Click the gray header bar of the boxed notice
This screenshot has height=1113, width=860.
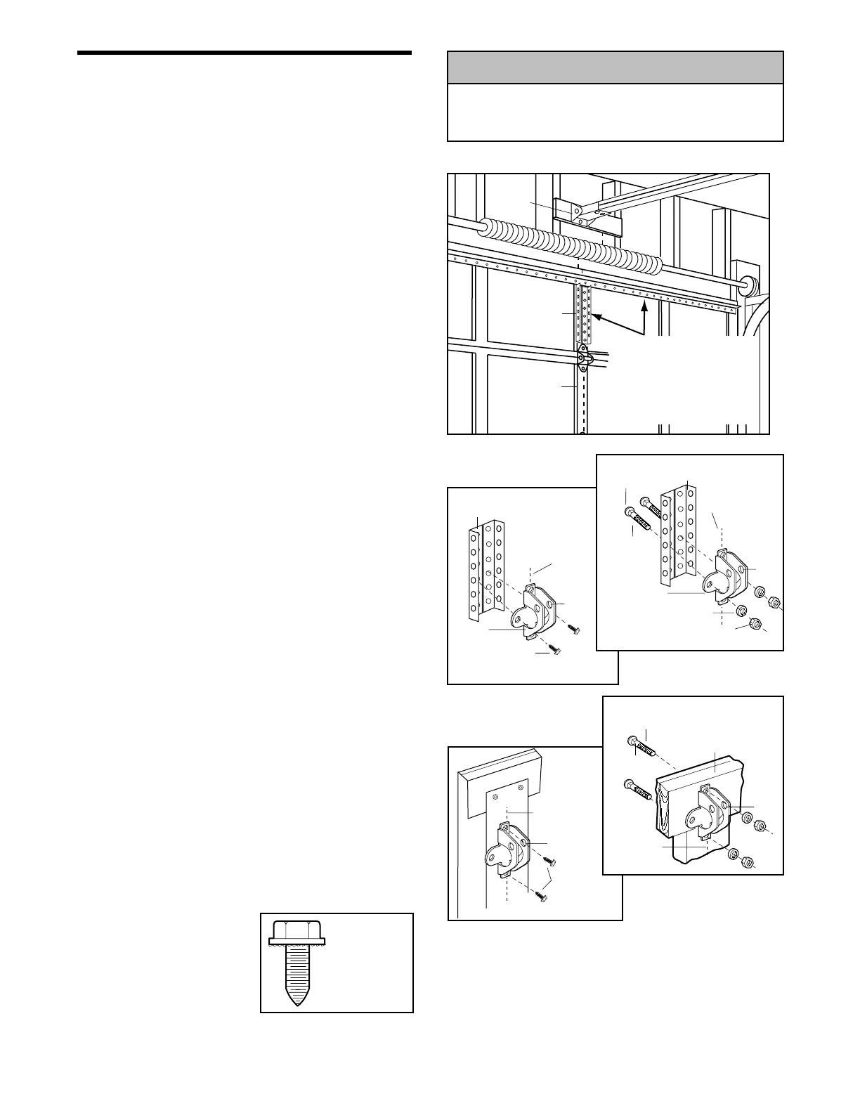coord(615,68)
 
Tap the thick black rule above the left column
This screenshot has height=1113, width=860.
coord(244,53)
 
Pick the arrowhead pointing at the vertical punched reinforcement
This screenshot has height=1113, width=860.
coord(596,318)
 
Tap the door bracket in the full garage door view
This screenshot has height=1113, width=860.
coord(583,358)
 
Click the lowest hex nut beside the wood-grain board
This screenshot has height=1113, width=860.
coord(748,861)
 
